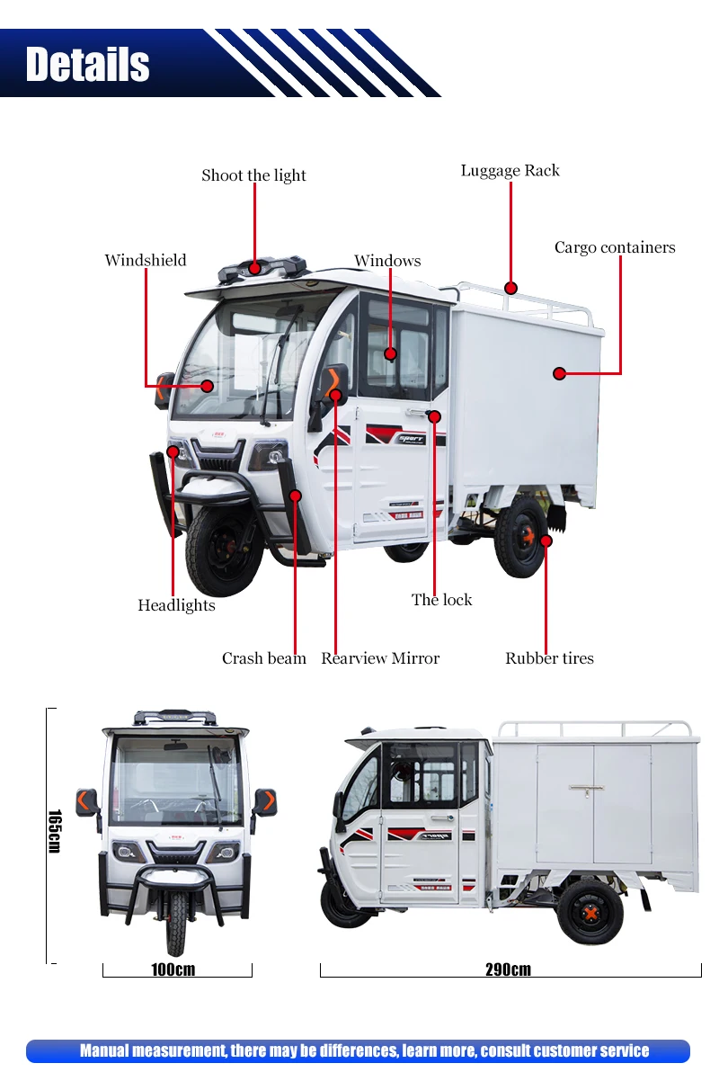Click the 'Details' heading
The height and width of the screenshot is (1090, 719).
pos(88,65)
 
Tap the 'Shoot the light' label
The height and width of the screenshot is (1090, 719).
pos(253,175)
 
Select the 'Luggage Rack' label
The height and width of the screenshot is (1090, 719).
pos(510,171)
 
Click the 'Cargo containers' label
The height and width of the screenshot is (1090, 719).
pos(614,247)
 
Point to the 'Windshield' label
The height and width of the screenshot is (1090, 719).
pos(146,260)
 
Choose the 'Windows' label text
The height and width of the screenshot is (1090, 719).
pos(387,261)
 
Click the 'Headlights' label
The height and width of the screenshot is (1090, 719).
pos(176,605)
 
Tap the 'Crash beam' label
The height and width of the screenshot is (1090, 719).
pos(263,658)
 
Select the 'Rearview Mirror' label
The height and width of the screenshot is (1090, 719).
pos(380,658)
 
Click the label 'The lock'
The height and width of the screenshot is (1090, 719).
pos(441,600)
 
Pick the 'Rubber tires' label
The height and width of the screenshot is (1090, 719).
pos(549,658)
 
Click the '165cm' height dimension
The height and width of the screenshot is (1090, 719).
pos(54,832)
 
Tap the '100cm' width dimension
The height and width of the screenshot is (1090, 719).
pos(173,969)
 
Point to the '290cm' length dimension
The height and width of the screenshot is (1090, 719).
pos(509,969)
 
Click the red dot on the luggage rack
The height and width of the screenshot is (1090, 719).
pos(510,288)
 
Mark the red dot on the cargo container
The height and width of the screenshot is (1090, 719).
pos(559,373)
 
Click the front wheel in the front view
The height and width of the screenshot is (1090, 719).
pos(177,922)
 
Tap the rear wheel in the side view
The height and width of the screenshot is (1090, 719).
pos(590,911)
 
